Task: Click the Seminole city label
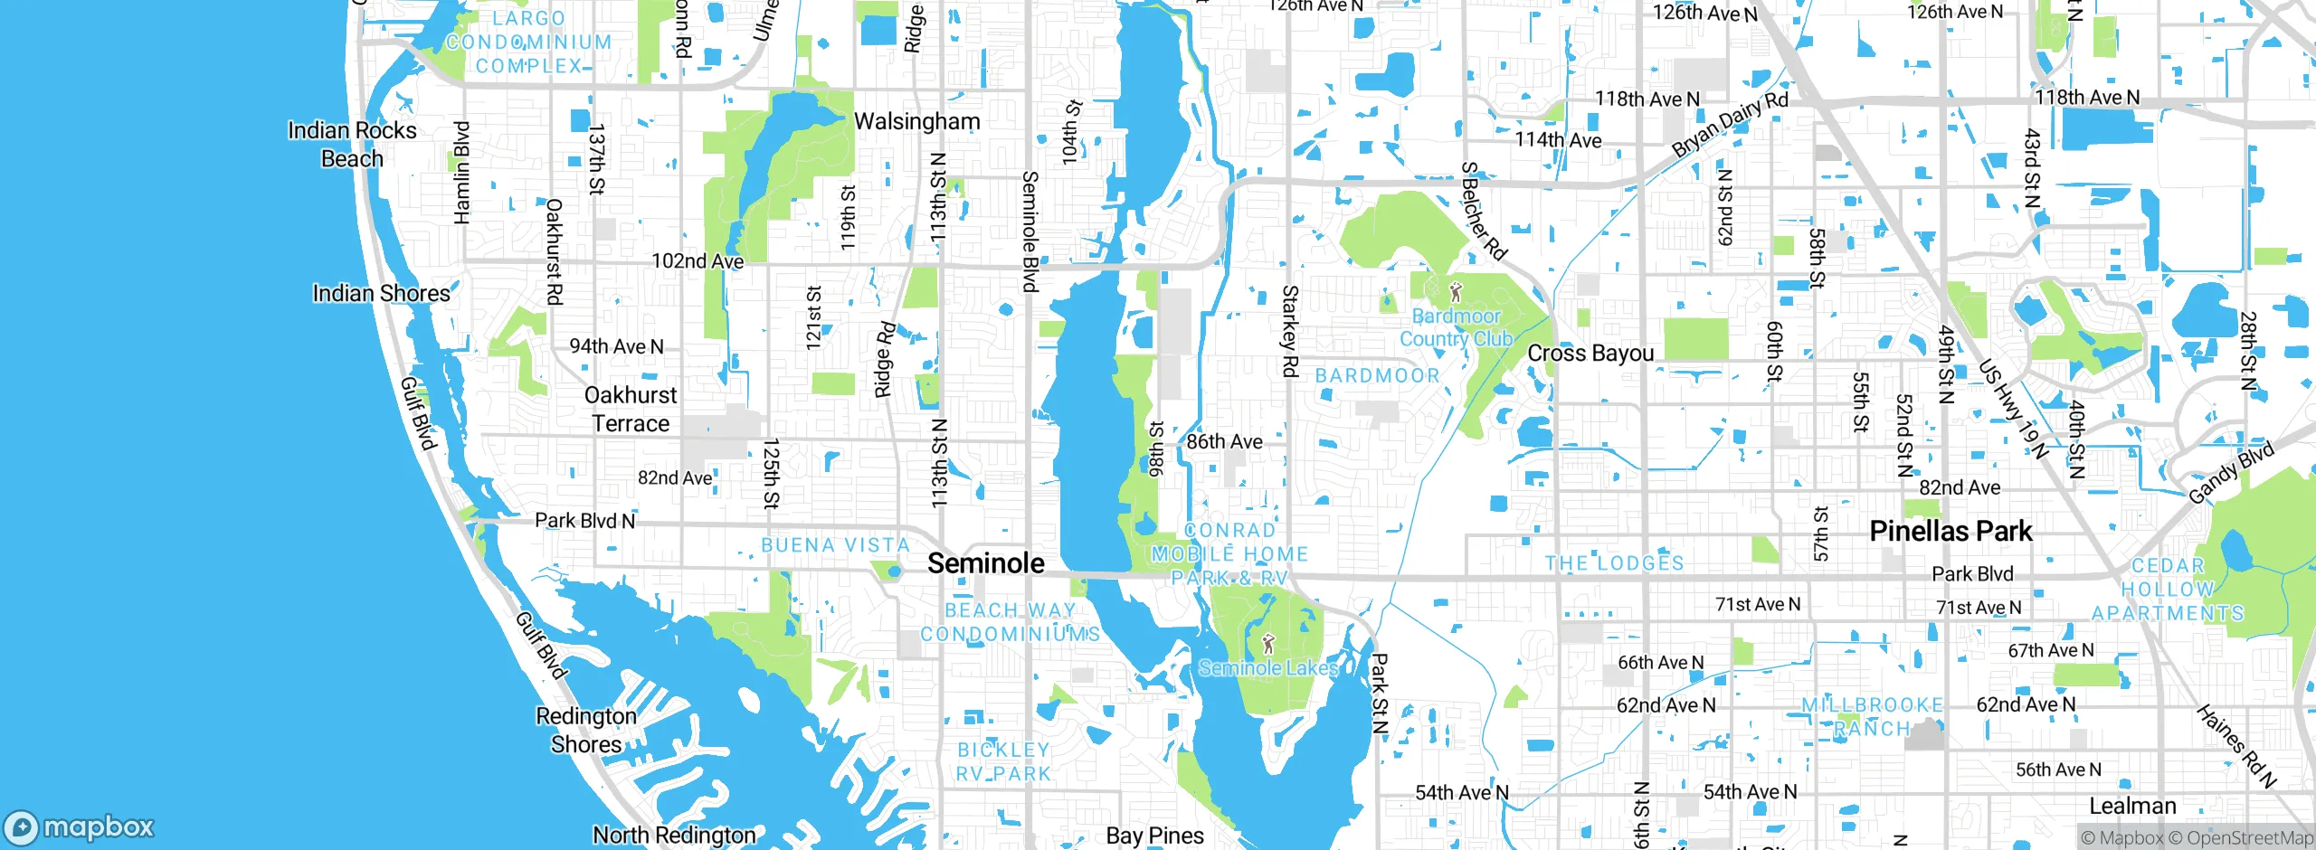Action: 985,563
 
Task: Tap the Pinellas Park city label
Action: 1951,531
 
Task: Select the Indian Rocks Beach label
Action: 352,145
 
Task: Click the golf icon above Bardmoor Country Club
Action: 1455,292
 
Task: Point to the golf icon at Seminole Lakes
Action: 1268,644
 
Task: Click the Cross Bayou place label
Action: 1590,354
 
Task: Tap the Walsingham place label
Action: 916,121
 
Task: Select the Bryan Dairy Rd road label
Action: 1729,124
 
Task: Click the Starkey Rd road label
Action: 1290,331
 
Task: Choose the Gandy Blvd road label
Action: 2231,473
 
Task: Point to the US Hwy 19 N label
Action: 2012,410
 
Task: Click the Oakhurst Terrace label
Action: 631,410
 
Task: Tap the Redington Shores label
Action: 586,731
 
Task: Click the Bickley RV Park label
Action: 1003,762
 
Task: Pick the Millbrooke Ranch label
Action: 1872,717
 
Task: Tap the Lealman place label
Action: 2132,806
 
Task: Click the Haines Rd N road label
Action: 2235,747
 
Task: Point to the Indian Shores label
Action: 381,293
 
